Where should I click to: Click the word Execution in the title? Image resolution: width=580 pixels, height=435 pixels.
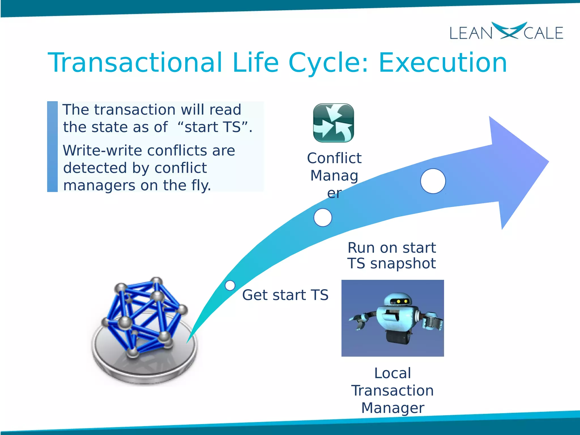click(x=443, y=63)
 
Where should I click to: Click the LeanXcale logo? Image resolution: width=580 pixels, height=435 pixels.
click(x=506, y=32)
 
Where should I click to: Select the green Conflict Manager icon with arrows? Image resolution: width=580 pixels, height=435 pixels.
click(x=333, y=123)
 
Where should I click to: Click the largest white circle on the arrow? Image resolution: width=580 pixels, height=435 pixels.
click(x=433, y=181)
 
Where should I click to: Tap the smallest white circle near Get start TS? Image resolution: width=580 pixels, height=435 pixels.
click(x=230, y=285)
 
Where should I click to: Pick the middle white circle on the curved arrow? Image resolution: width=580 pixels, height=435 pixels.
click(x=323, y=217)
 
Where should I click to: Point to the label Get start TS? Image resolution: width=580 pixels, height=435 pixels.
click(x=285, y=295)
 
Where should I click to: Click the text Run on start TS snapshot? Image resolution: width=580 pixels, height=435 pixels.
click(x=392, y=255)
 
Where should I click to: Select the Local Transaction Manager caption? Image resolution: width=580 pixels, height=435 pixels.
click(x=393, y=391)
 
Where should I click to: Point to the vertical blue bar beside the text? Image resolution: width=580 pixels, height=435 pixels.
click(x=52, y=147)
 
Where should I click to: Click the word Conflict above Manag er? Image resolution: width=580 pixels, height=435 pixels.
click(x=334, y=158)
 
